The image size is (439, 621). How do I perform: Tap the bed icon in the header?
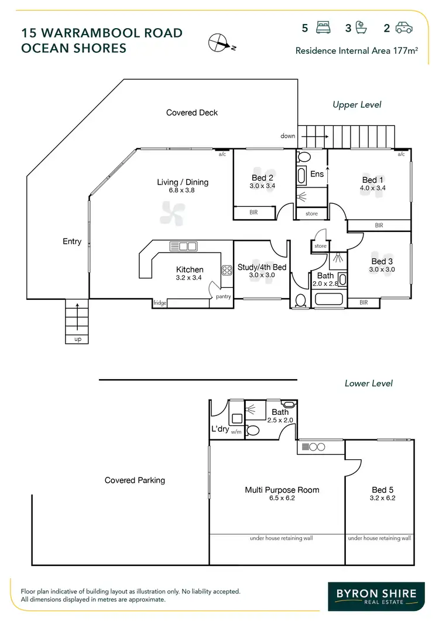click(323, 28)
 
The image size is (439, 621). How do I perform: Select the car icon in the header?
click(404, 28)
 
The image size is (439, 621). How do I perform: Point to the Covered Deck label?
click(192, 112)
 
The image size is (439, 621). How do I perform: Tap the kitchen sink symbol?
click(183, 247)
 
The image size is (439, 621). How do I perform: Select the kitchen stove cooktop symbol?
click(227, 271)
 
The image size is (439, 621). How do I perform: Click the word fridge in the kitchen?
click(160, 303)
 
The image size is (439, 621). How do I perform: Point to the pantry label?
click(224, 297)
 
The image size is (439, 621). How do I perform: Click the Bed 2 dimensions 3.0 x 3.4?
click(262, 186)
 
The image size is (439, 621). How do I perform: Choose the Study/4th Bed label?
click(262, 267)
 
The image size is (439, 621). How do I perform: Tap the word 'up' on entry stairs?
click(77, 339)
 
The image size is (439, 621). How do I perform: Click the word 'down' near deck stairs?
click(288, 136)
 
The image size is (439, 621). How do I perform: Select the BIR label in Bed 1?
click(379, 225)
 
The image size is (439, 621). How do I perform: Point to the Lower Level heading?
click(369, 383)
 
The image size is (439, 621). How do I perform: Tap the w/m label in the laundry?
click(236, 432)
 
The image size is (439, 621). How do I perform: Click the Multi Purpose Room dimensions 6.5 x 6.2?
click(282, 498)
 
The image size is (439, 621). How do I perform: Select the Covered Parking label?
click(135, 480)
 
